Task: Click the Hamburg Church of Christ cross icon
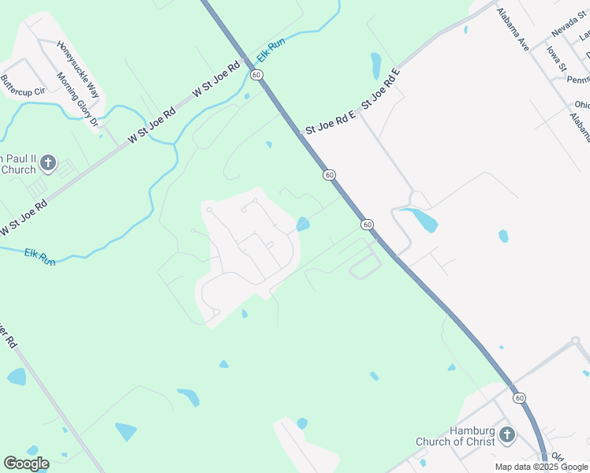506,434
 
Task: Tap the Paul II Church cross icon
47,163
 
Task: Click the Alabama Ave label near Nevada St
512,30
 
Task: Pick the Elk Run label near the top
271,49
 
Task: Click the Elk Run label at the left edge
39,256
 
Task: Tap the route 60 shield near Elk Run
256,74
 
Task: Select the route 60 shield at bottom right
518,398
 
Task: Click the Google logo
26,463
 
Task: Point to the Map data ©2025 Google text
542,467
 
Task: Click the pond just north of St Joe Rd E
376,65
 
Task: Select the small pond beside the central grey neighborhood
303,225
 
